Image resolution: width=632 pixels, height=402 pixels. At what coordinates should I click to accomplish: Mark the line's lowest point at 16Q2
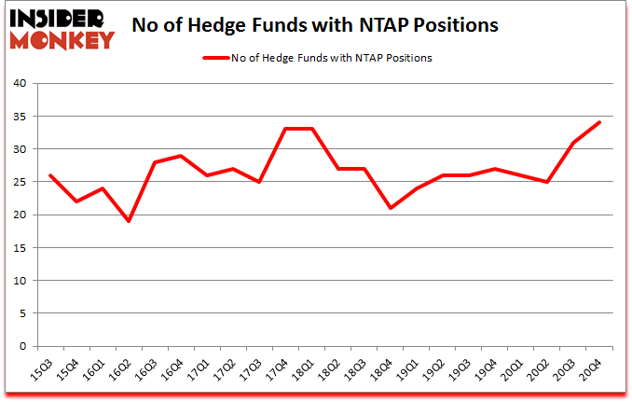tap(129, 221)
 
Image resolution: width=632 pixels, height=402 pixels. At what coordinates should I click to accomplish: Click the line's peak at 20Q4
tap(598, 122)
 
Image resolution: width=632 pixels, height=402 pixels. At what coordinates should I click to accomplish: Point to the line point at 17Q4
tap(285, 129)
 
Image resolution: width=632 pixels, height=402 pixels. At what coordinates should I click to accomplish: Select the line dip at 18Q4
tap(390, 208)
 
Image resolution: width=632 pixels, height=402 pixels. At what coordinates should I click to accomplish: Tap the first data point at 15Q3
tap(50, 174)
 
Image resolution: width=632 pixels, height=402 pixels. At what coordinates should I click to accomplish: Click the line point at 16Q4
tap(181, 155)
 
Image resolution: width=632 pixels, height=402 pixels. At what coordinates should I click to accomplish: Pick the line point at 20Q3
tap(572, 142)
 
